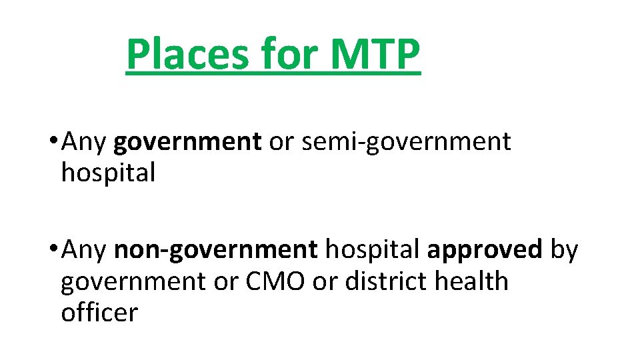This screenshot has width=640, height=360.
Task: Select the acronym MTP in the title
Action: pyautogui.click(x=375, y=55)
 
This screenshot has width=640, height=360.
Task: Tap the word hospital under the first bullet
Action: pyautogui.click(x=108, y=173)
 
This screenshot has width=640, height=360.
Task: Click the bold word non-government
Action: pyautogui.click(x=216, y=250)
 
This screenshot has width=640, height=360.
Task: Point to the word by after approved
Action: pyautogui.click(x=564, y=251)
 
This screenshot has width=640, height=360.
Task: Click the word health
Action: pyautogui.click(x=471, y=281)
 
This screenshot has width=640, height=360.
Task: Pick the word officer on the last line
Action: pyautogui.click(x=99, y=312)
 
